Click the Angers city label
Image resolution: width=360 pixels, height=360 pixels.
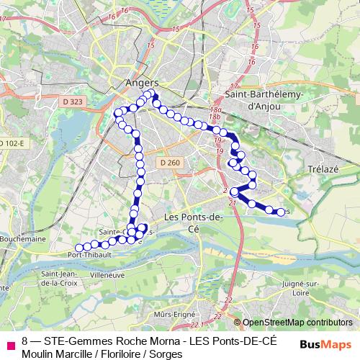pyautogui.click(x=141, y=83)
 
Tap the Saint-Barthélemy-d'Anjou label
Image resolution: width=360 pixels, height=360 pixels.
pyautogui.click(x=265, y=100)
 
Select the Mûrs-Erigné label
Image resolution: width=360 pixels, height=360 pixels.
pyautogui.click(x=176, y=315)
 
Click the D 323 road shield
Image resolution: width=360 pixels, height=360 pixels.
pyautogui.click(x=73, y=103)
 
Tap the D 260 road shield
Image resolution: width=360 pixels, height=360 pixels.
pyautogui.click(x=171, y=163)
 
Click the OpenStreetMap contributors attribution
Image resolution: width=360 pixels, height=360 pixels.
pyautogui.click(x=297, y=323)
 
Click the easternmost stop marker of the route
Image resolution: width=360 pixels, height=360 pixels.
pyautogui.click(x=280, y=212)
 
